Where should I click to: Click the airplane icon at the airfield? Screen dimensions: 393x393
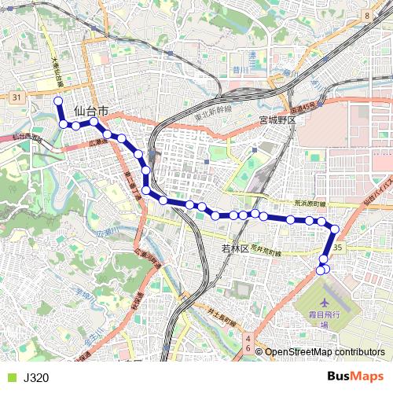(x=325, y=303)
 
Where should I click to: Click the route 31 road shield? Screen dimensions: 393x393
(x=17, y=97)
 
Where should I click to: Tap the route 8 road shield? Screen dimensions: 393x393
(x=367, y=16)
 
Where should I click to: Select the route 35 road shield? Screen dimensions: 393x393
(x=338, y=248)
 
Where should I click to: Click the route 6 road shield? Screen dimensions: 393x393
(x=248, y=348)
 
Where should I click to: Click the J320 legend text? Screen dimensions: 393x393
(x=36, y=378)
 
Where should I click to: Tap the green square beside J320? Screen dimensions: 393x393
(x=10, y=378)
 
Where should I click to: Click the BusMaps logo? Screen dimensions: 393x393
(x=355, y=377)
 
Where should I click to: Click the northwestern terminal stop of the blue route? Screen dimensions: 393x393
(x=57, y=101)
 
